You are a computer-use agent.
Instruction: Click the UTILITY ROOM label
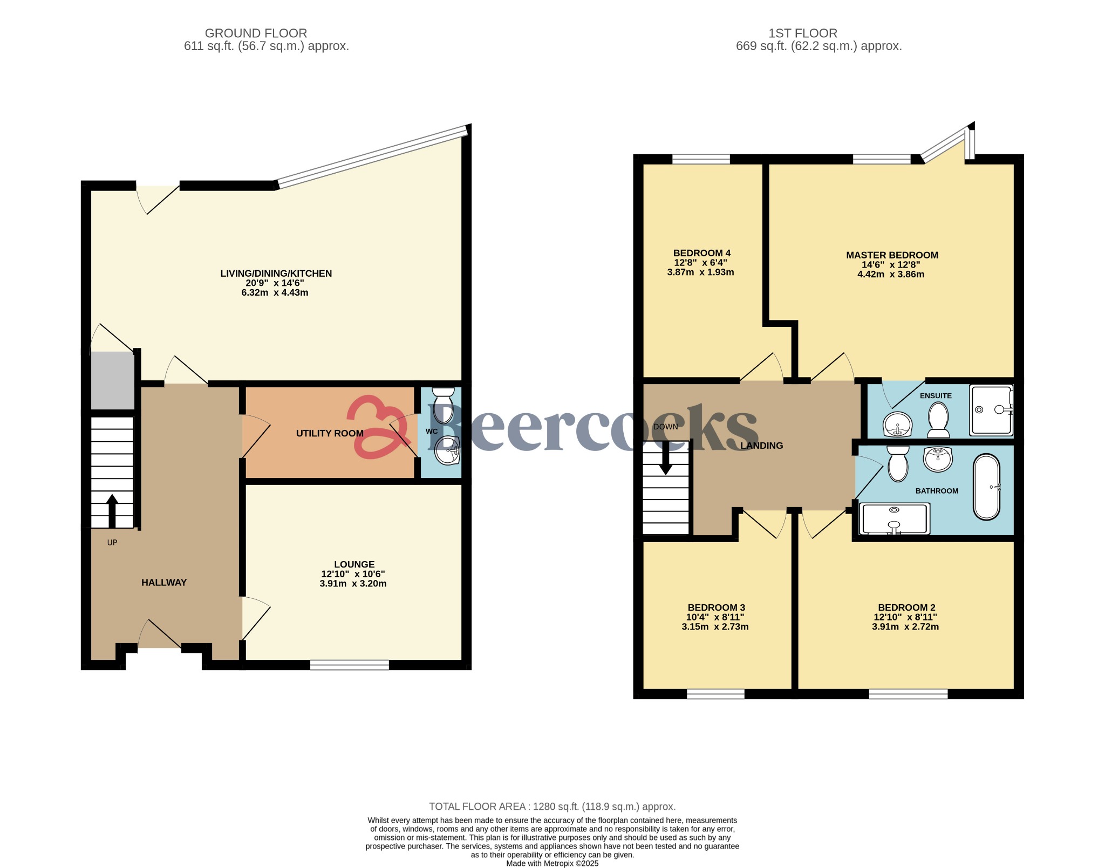click(x=330, y=433)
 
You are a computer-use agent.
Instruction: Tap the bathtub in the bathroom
click(x=987, y=487)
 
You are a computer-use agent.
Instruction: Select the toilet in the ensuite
click(x=938, y=421)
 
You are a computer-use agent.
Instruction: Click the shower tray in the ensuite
click(x=991, y=410)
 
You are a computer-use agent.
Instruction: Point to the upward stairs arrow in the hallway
click(x=112, y=510)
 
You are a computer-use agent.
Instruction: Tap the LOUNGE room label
click(x=354, y=564)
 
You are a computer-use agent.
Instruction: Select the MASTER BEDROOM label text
click(x=891, y=255)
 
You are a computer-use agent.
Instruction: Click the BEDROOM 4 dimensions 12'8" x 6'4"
click(x=701, y=263)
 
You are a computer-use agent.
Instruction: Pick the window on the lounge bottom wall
click(x=350, y=665)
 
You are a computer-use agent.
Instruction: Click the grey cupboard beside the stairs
click(x=112, y=380)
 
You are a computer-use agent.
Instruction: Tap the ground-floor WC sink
click(x=447, y=450)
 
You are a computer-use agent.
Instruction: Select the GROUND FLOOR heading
click(x=256, y=33)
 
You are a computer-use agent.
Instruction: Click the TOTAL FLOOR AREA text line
click(x=552, y=807)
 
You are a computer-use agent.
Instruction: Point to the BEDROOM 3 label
click(x=716, y=607)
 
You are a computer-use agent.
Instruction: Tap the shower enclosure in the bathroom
click(x=894, y=518)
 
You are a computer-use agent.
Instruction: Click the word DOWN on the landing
click(x=665, y=427)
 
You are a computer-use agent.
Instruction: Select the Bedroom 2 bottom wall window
click(x=908, y=694)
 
